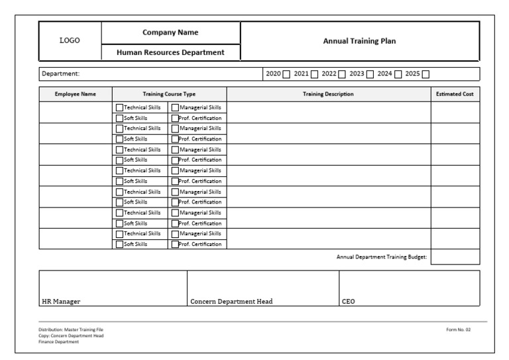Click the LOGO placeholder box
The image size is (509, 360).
[x=70, y=41]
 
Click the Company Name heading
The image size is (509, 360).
[x=170, y=32]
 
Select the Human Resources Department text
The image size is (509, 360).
[x=170, y=52]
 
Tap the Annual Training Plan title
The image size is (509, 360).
[x=359, y=41]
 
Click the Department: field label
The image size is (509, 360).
[x=60, y=74]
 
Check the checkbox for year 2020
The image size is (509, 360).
[x=286, y=74]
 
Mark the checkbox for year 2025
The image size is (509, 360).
[x=426, y=74]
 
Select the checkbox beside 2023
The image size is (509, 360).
[x=370, y=74]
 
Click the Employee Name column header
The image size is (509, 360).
[x=75, y=94]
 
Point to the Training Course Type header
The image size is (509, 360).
[x=169, y=94]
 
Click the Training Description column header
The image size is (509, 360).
[x=328, y=94]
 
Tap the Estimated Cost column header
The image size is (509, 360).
[x=455, y=94]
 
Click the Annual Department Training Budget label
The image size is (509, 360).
[x=382, y=257]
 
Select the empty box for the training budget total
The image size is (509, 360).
[x=455, y=257]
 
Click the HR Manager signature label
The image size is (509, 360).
[x=61, y=301]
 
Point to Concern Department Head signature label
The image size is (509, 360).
[x=231, y=301]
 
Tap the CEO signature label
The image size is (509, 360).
[x=348, y=301]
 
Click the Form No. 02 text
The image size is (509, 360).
[x=459, y=330]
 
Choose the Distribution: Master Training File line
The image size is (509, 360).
[x=70, y=330]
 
